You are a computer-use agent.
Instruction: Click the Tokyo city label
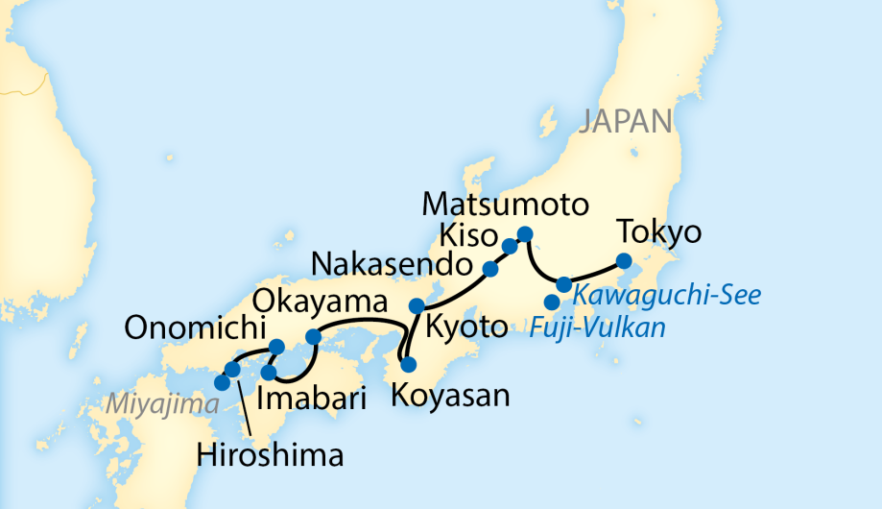660,233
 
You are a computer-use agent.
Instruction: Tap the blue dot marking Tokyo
623,260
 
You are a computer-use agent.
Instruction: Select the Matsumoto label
505,206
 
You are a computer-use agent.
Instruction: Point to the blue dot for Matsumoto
525,233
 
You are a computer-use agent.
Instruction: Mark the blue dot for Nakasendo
490,269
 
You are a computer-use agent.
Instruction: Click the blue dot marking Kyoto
417,305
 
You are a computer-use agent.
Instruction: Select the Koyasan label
448,394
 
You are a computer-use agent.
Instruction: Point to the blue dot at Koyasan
409,365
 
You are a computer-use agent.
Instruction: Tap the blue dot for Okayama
312,337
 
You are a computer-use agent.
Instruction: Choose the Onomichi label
196,329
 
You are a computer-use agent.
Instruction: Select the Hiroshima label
269,454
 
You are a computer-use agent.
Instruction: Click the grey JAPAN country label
625,121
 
